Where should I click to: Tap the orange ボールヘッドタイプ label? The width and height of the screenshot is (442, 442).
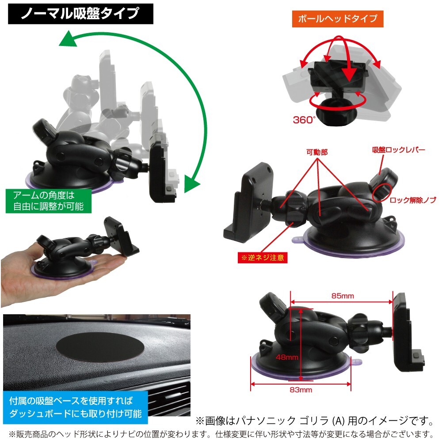[x=337, y=19]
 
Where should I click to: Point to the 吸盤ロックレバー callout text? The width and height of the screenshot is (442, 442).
[x=398, y=150]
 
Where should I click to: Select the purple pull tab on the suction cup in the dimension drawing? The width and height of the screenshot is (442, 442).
[x=357, y=363]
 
